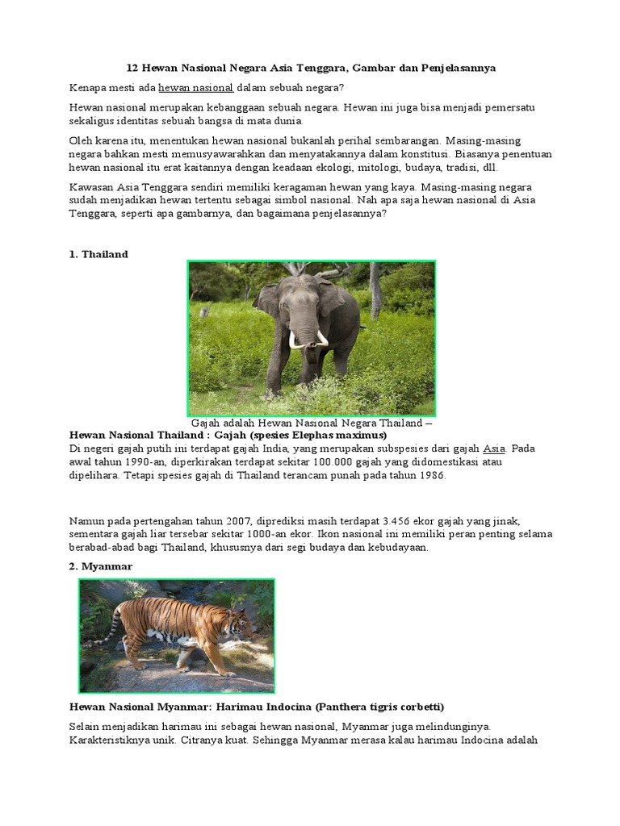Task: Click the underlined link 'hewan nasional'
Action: point(195,87)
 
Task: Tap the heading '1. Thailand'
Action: point(98,254)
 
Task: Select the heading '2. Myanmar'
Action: point(100,566)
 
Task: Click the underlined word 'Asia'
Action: point(493,448)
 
